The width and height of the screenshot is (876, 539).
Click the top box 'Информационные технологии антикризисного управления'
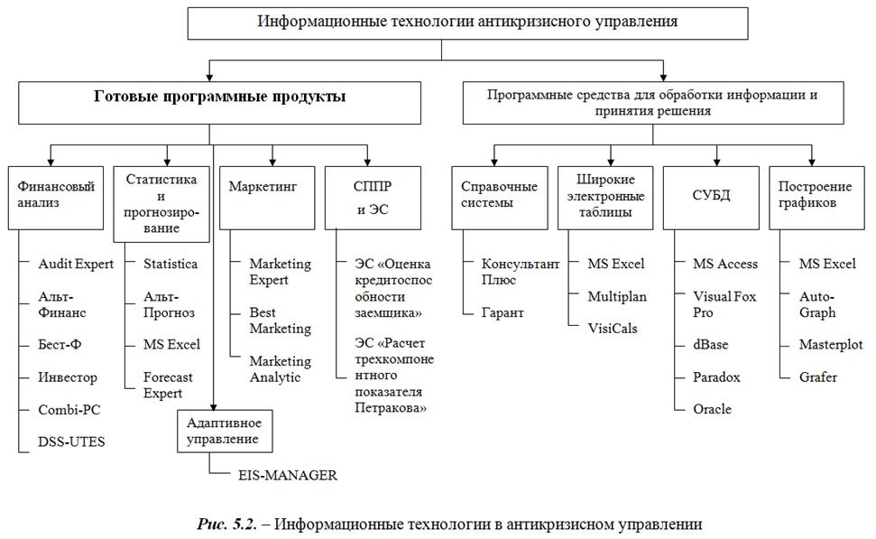(441, 22)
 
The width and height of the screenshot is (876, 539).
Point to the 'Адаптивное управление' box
(223, 431)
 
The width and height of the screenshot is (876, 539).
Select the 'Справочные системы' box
(499, 195)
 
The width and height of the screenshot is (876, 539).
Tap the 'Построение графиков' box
(814, 195)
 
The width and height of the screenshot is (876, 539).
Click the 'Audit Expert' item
(76, 265)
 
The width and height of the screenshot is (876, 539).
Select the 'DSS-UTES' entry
(72, 442)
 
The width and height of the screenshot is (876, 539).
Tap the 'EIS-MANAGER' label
(287, 475)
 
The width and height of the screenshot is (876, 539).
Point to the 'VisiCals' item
(612, 328)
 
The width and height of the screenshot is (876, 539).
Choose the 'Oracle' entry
(712, 409)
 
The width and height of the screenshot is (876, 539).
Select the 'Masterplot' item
(831, 345)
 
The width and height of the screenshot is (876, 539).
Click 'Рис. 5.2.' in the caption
(226, 524)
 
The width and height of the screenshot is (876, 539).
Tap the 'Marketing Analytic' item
(281, 368)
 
